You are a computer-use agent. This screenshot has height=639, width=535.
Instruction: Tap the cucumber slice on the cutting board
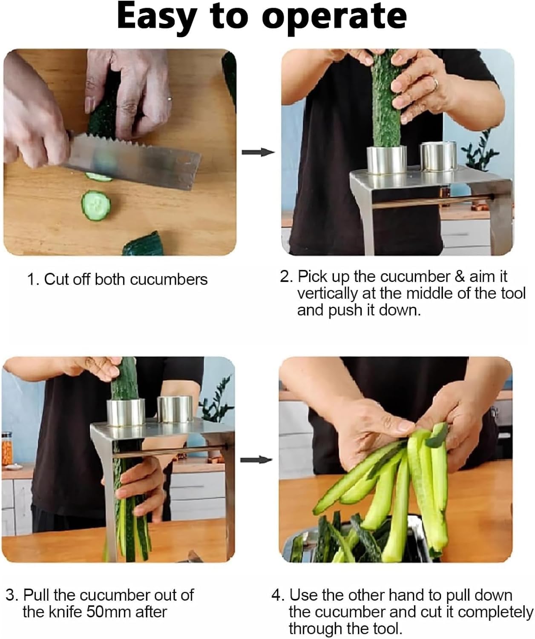coord(96,205)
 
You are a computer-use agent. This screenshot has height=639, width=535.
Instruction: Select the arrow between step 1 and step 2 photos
coord(258,152)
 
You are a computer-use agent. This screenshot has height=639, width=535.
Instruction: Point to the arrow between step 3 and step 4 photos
coord(256,460)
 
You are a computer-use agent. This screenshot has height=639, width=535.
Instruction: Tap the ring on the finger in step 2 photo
coord(435,83)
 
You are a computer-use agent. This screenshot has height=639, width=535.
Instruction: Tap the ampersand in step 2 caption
coord(460,276)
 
